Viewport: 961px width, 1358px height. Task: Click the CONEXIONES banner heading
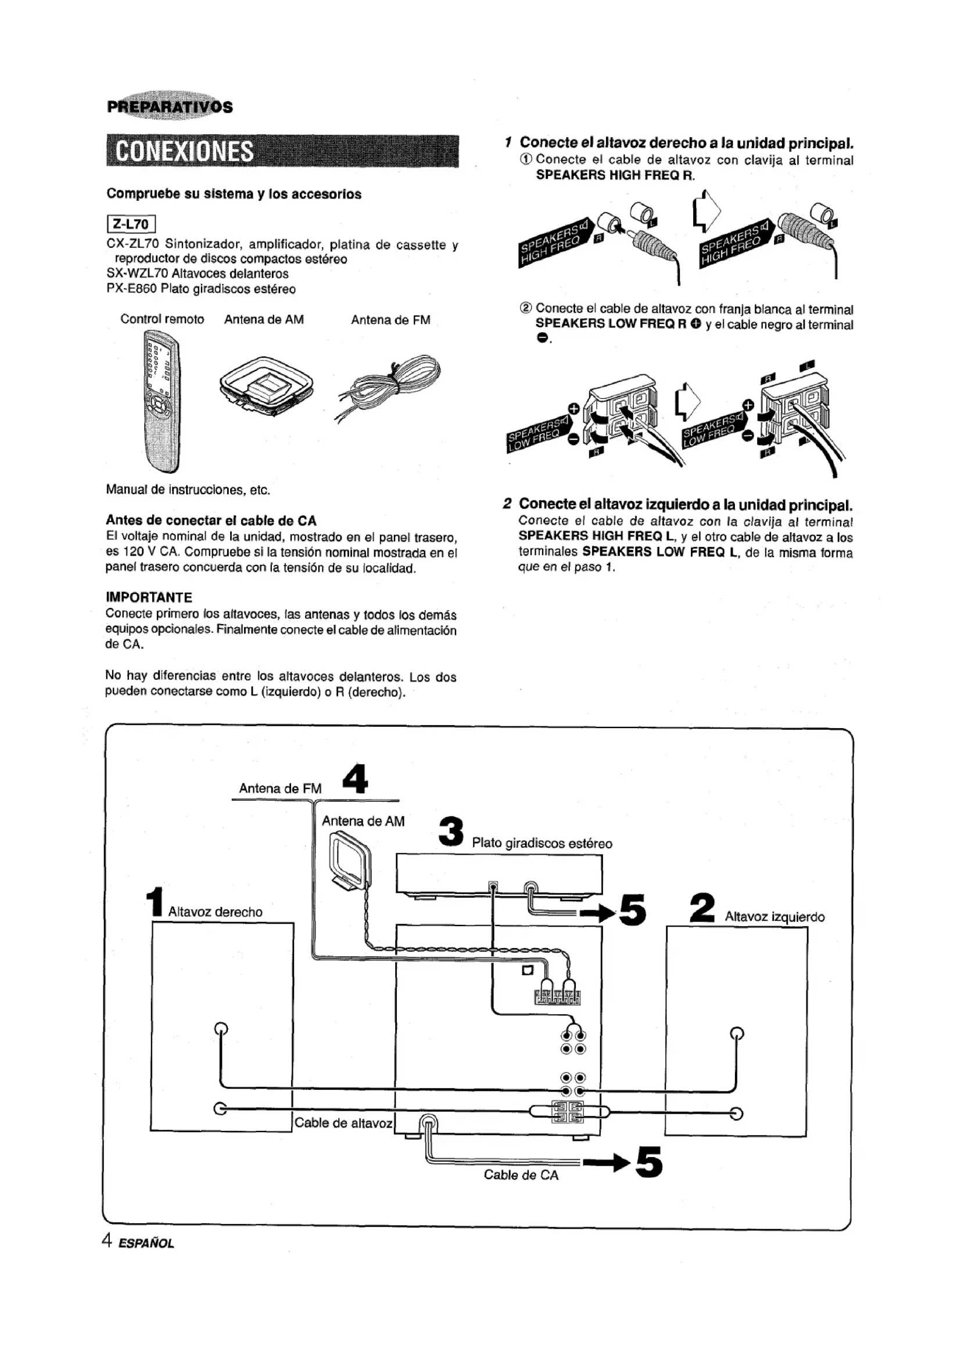point(185,152)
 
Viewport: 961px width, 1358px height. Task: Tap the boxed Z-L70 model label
point(131,224)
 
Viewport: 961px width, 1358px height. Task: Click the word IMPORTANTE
point(149,597)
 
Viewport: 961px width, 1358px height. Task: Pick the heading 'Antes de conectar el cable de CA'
point(211,520)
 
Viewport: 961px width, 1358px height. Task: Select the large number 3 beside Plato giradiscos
point(451,831)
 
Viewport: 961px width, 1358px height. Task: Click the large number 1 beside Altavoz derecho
point(155,902)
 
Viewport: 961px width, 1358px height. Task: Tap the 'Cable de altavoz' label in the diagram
point(343,1123)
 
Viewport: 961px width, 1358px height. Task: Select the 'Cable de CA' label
point(521,1175)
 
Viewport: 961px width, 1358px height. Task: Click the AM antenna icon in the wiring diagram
point(350,860)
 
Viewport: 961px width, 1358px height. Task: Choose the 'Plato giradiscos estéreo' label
point(542,843)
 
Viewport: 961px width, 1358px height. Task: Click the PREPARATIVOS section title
point(170,107)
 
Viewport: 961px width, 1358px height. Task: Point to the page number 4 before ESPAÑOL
point(107,1240)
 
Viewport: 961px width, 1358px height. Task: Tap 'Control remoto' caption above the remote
point(162,319)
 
